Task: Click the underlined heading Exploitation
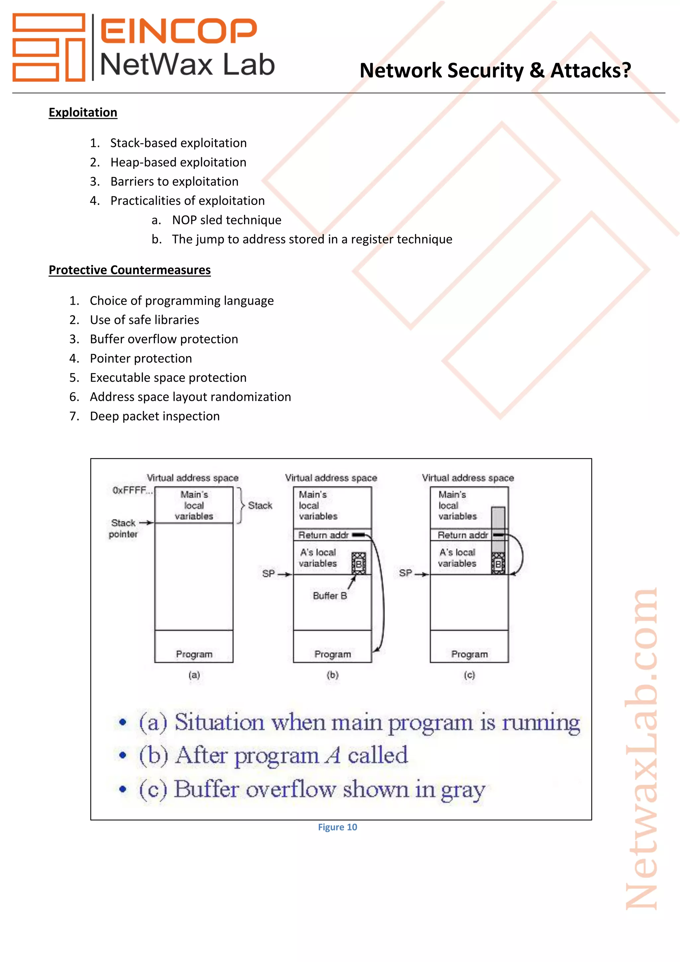(x=83, y=112)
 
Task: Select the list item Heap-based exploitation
(x=178, y=162)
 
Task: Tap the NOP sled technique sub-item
(x=226, y=220)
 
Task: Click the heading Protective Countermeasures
(x=129, y=270)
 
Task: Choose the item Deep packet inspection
(x=154, y=416)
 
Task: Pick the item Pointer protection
(x=141, y=358)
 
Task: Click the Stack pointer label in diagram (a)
(x=123, y=529)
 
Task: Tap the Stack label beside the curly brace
(x=260, y=506)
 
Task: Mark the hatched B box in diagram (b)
(x=358, y=563)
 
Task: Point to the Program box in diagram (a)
(x=194, y=646)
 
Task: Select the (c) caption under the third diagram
(x=469, y=675)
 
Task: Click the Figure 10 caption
(x=337, y=827)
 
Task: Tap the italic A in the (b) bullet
(x=334, y=755)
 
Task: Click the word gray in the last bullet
(x=463, y=790)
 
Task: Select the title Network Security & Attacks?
(x=495, y=70)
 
